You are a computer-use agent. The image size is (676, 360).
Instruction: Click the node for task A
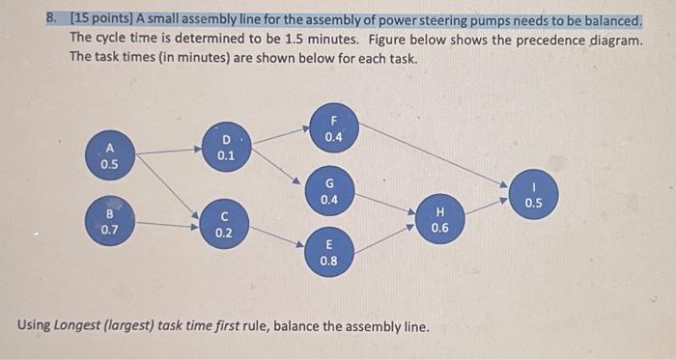tap(109, 155)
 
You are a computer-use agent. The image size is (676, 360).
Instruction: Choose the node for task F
tap(334, 128)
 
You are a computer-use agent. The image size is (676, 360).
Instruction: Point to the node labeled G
tap(329, 190)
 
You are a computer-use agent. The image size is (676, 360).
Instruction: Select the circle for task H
tap(440, 219)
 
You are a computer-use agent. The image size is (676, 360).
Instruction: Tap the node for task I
tap(534, 194)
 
